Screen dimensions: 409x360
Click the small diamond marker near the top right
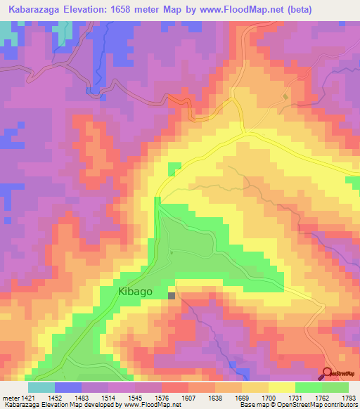[285, 96]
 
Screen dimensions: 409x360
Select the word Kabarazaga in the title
[39, 9]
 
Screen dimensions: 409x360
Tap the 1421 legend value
[27, 398]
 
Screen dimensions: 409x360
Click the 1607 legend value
[188, 398]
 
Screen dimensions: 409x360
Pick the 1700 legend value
[268, 398]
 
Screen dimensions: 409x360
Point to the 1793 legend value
[348, 398]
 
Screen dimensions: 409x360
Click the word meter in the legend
[8, 398]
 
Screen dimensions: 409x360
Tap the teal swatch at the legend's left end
[41, 387]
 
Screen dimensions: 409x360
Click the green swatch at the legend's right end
[335, 387]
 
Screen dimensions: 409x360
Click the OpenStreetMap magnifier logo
[328, 374]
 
